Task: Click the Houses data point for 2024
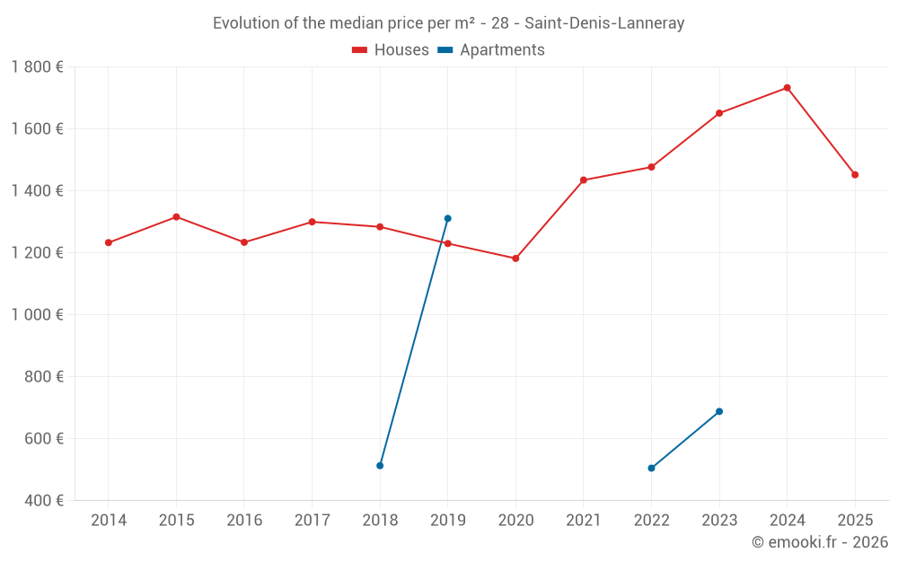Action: (787, 88)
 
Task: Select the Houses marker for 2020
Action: (515, 259)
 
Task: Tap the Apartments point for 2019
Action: (447, 218)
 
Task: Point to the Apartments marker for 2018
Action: (380, 466)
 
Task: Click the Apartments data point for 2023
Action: (719, 412)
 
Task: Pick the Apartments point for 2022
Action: (651, 469)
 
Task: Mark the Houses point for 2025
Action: (855, 175)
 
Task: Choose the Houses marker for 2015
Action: (176, 217)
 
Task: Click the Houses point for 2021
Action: (584, 180)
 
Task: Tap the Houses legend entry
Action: (391, 50)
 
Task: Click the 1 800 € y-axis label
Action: (37, 67)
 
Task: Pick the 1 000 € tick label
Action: (37, 315)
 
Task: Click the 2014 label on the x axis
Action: (109, 521)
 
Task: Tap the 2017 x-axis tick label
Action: (312, 521)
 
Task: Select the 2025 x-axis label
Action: (855, 521)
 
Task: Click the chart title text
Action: (448, 23)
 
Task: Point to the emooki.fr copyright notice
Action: (819, 542)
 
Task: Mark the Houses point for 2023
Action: (719, 113)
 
